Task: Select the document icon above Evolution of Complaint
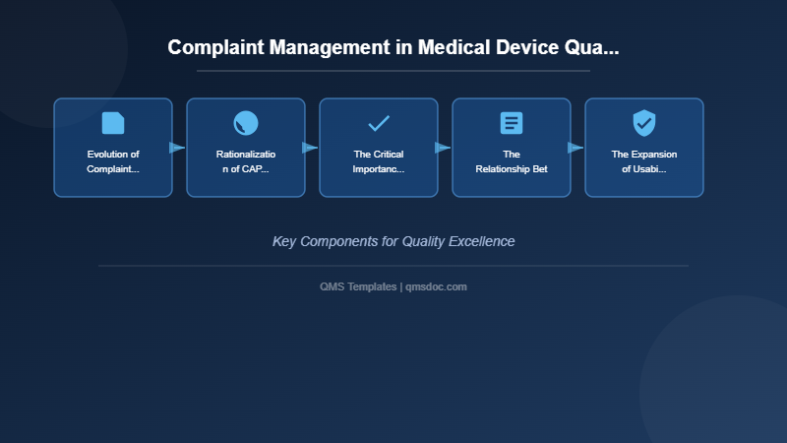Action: pos(113,123)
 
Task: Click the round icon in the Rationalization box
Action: pos(246,123)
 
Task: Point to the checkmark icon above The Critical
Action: pos(379,123)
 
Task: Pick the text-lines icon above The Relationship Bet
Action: pos(512,123)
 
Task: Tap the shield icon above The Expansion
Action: pos(644,123)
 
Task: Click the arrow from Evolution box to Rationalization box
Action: pos(178,148)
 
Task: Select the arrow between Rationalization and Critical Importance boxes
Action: pos(311,148)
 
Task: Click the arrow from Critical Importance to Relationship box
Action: pos(444,148)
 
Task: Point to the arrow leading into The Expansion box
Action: pos(576,148)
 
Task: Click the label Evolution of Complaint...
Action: pos(113,161)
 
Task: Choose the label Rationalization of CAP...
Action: pos(246,161)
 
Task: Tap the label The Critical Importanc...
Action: pos(379,161)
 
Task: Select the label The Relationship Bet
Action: pos(512,161)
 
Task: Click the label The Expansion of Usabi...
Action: pos(644,161)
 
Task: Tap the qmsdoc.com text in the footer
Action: pos(437,286)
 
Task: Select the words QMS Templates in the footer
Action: pos(358,286)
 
